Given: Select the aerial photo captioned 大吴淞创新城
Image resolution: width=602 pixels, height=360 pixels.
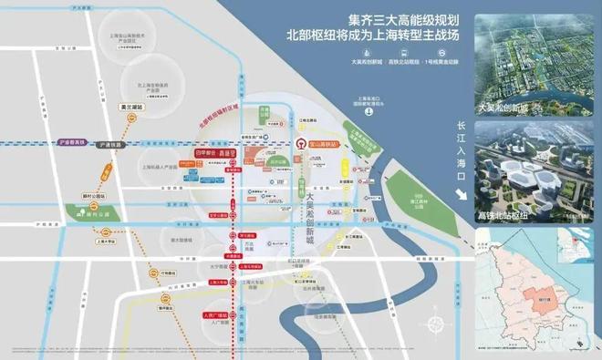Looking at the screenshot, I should click(537, 57).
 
